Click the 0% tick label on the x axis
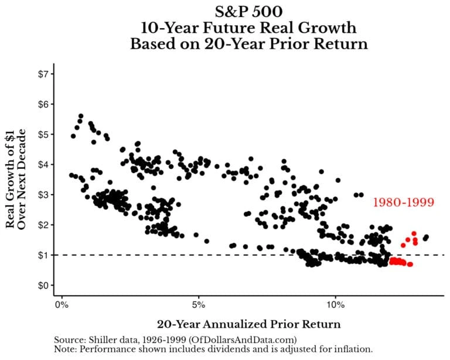62,305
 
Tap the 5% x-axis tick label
199,305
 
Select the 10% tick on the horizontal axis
335,305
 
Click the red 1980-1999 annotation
404,203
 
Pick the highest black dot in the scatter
81,116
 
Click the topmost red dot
414,233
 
